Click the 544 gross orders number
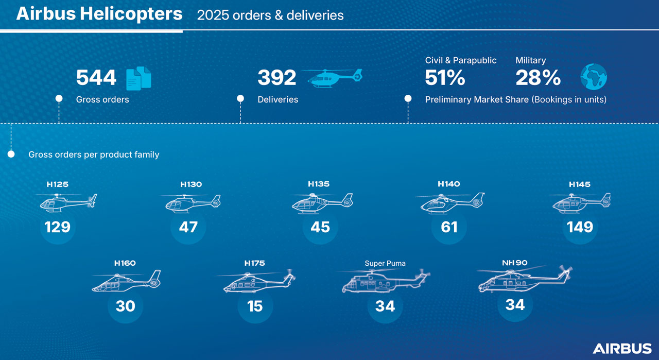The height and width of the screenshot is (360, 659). click(96, 78)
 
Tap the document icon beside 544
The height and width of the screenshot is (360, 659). click(139, 78)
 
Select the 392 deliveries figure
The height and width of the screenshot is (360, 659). click(277, 78)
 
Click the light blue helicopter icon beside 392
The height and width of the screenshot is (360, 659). click(335, 77)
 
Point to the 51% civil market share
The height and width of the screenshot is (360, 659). click(445, 78)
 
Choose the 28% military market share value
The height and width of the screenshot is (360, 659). click(538, 78)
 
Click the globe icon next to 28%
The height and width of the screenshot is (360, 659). click(594, 77)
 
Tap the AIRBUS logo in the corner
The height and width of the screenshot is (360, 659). click(622, 348)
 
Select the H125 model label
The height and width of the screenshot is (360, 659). click(57, 184)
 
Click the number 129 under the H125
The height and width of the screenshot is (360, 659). click(57, 227)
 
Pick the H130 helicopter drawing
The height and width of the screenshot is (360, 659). click(190, 203)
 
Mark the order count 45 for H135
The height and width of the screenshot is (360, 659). click(320, 227)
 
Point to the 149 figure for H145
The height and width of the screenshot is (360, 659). click(580, 227)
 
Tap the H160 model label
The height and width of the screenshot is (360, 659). click(125, 263)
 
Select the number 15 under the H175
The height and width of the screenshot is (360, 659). click(255, 306)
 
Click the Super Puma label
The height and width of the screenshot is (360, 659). click(385, 263)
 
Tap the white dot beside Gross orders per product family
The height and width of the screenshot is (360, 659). click(11, 154)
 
